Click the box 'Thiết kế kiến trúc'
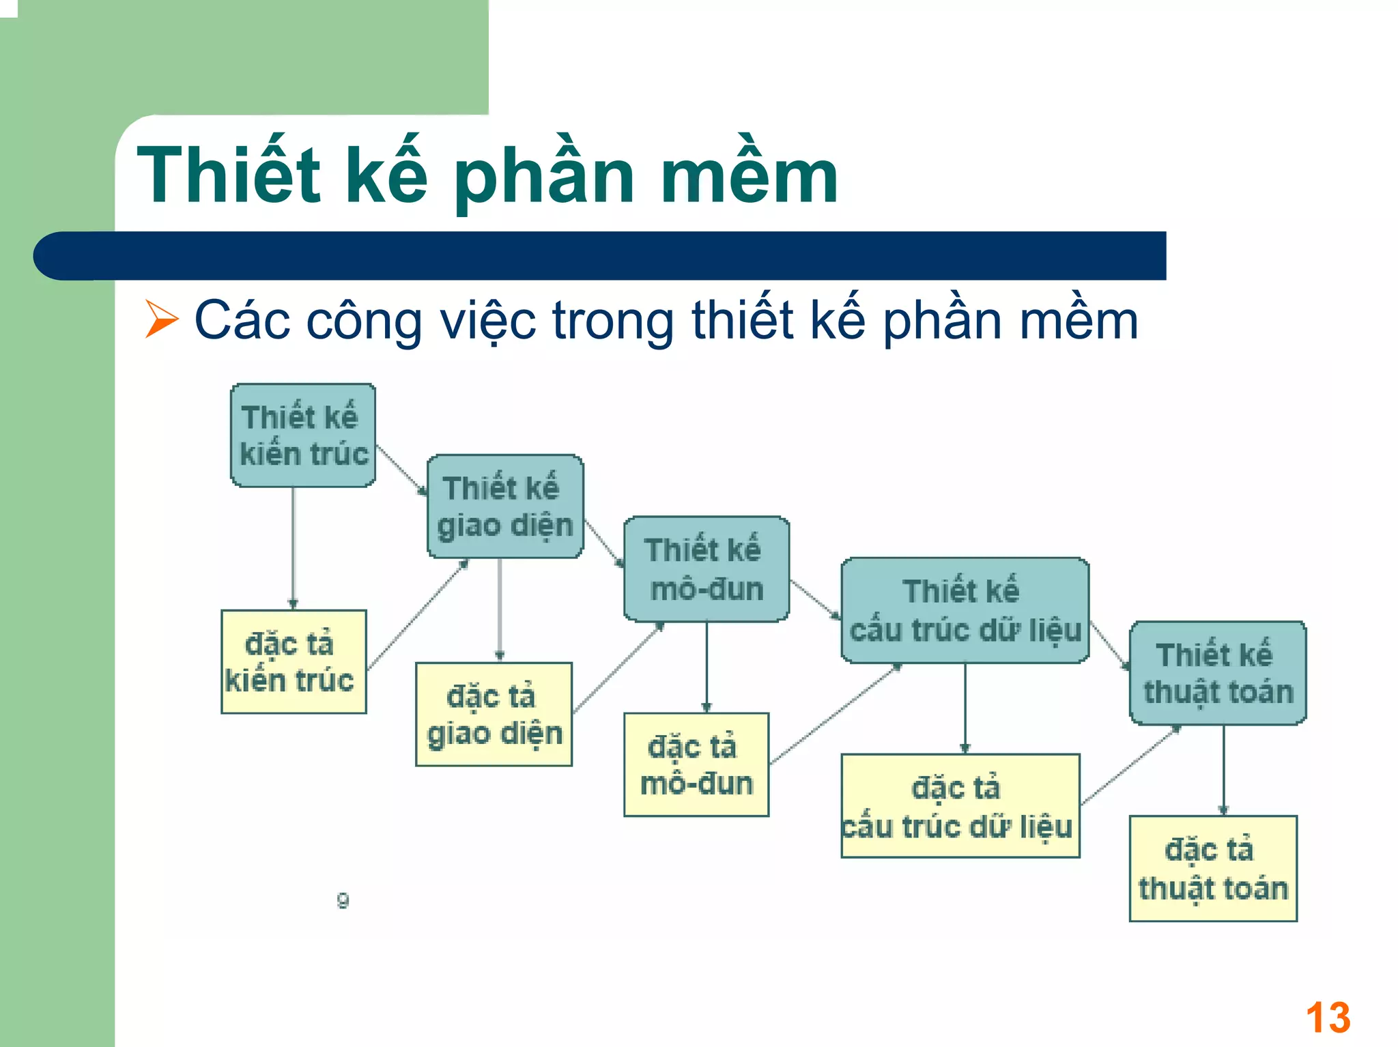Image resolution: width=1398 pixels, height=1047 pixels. [303, 435]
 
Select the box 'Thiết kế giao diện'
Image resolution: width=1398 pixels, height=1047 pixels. [505, 506]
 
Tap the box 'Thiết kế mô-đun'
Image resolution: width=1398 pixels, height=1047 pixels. [707, 569]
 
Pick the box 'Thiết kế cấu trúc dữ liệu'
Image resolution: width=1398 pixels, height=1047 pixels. [965, 610]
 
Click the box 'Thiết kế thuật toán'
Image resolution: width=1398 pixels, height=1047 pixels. [1218, 673]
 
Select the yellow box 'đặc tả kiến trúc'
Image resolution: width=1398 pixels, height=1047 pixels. [294, 662]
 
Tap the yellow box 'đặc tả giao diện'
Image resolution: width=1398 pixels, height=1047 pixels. [494, 715]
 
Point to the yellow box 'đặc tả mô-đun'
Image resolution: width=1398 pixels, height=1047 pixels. [696, 765]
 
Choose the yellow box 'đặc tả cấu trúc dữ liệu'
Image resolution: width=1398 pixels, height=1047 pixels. [960, 806]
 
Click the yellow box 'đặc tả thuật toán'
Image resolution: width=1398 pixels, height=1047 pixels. [1213, 869]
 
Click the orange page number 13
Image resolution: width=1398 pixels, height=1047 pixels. [1328, 1018]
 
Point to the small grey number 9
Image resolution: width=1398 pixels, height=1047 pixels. [343, 900]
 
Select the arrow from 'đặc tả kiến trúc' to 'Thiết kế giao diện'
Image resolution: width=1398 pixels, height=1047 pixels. [418, 614]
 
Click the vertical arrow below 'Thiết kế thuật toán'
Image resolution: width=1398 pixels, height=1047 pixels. [1223, 770]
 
